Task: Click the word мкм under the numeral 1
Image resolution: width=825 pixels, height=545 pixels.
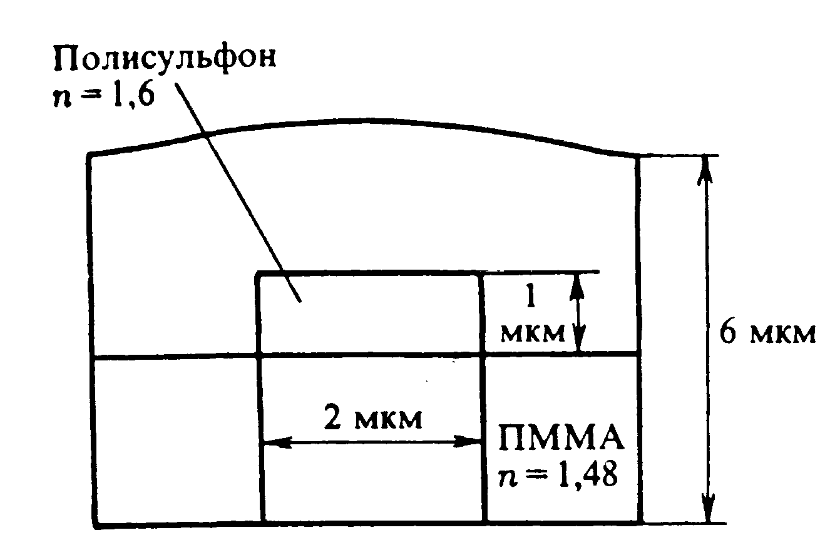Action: (x=532, y=332)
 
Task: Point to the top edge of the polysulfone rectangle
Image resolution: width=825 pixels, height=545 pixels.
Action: (x=369, y=273)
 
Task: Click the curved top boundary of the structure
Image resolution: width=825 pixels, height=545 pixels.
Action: (x=363, y=121)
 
